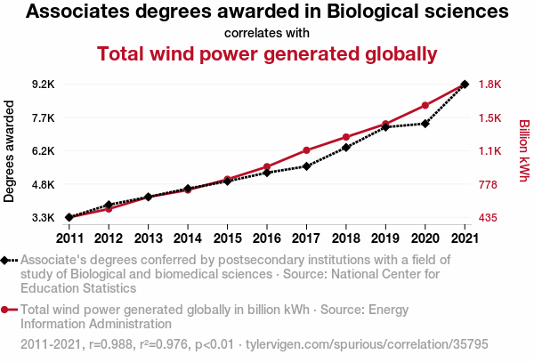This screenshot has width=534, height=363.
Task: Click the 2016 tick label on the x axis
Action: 267,238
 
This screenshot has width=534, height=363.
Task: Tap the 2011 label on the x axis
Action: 69,238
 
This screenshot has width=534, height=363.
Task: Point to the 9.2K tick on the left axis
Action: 43,85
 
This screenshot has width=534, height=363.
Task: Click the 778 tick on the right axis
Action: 490,185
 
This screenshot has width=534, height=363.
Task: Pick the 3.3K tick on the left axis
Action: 43,218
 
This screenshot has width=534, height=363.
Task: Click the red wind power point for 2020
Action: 425,106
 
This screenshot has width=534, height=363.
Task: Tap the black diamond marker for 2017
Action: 306,166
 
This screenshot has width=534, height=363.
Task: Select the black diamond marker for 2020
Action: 425,124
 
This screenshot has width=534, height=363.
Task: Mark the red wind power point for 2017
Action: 306,150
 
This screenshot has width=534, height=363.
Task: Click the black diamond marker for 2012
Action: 109,206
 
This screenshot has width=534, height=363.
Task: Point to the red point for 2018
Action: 346,137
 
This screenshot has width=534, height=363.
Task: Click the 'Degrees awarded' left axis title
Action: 10,151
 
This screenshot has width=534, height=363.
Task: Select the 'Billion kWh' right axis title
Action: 523,151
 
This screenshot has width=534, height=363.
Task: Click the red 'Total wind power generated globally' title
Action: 267,53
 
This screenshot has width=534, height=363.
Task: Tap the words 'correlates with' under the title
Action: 267,33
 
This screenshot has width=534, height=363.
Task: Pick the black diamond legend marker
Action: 7,260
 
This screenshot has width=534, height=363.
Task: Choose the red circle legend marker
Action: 7,311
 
